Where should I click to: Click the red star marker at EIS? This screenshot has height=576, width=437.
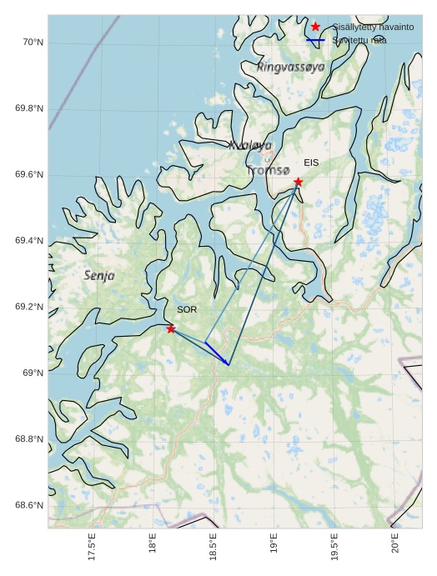[298, 182]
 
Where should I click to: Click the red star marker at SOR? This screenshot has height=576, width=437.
[171, 328]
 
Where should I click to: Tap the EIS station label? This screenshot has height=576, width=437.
[311, 163]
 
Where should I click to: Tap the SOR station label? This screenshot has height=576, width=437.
[187, 309]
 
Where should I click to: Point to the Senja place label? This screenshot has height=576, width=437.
[100, 275]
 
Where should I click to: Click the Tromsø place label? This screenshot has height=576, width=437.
[268, 171]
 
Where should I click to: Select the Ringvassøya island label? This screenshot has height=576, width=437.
[290, 67]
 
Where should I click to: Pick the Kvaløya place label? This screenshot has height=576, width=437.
[249, 145]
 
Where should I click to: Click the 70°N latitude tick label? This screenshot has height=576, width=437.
[32, 43]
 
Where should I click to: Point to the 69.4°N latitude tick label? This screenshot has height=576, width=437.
[29, 241]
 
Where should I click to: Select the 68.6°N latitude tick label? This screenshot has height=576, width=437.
[29, 505]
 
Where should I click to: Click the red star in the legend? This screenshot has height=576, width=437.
[315, 27]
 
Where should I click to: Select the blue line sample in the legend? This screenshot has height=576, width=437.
[315, 40]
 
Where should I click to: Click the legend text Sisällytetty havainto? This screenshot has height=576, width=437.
[373, 27]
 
